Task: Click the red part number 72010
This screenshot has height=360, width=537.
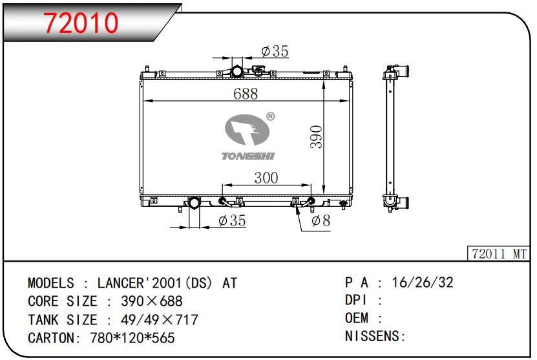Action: pos(81,23)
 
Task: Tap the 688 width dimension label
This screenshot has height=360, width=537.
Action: pos(246,94)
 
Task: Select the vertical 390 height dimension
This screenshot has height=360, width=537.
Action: pos(316,136)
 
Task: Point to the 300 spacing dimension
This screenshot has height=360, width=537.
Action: pos(266,178)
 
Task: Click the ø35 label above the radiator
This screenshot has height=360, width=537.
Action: pos(275,51)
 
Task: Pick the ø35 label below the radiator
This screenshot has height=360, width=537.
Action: pos(232,220)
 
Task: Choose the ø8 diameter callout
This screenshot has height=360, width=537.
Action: pos(321,220)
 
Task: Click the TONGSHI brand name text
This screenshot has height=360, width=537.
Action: pos(248,156)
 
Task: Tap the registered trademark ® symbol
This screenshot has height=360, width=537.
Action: pos(270,116)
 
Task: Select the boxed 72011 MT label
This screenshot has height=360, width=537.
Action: pos(499,254)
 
